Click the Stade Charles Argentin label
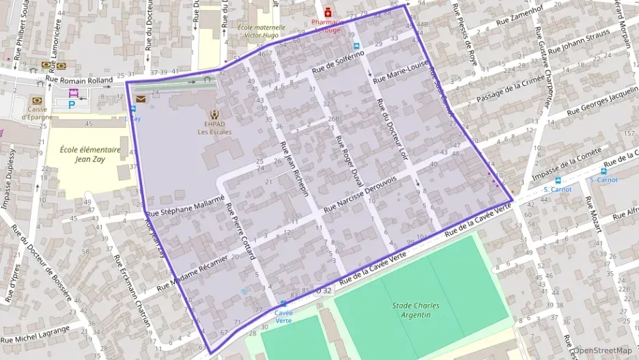[416, 309]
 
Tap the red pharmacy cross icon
[328, 12]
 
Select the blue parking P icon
[72, 105]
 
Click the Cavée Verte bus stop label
[283, 316]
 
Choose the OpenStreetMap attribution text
[601, 350]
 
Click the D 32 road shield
[323, 290]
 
